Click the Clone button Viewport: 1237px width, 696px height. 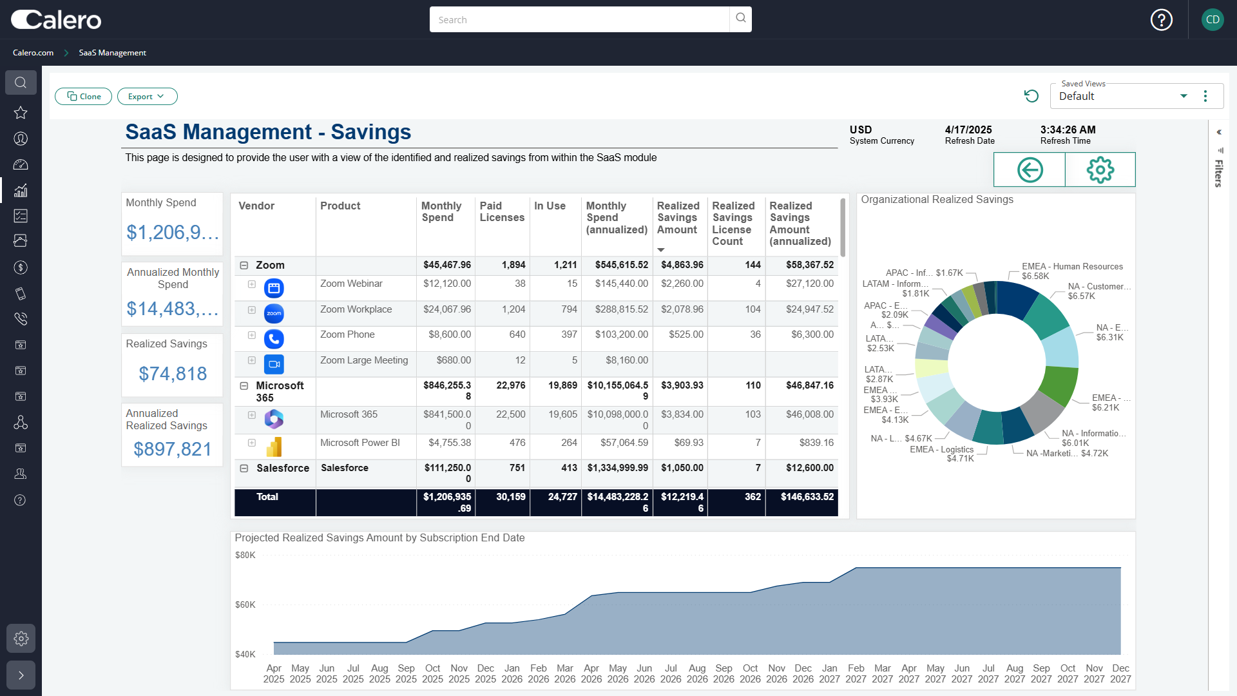pos(84,97)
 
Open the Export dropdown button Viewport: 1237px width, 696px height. pos(147,97)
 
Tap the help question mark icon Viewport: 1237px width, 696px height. pos(1161,20)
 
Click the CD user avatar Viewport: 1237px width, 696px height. pos(1213,20)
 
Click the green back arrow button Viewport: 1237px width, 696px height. pos(1030,170)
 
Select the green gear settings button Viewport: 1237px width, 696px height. pos(1100,170)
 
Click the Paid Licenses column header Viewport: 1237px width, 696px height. pos(501,212)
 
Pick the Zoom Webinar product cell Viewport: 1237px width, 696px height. pos(351,284)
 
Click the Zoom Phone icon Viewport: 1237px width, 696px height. pos(274,339)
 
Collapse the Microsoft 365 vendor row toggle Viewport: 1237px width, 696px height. pos(244,386)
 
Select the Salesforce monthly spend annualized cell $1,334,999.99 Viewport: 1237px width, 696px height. pos(617,468)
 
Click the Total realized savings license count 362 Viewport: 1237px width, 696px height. pos(753,497)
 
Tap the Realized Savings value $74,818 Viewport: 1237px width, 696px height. pos(173,374)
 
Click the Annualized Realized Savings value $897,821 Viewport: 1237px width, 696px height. pos(173,449)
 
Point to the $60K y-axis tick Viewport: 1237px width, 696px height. pos(245,605)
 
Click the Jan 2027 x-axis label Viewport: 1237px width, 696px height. pos(829,673)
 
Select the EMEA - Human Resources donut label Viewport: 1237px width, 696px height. pos(1071,267)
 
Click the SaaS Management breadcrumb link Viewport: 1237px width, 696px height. pos(112,53)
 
